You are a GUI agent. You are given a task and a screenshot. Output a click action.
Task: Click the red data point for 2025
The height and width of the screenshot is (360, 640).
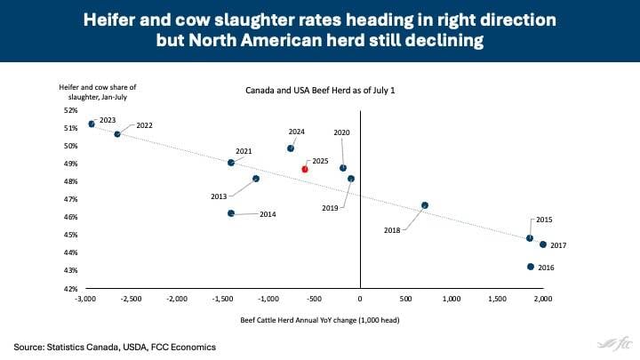(305, 169)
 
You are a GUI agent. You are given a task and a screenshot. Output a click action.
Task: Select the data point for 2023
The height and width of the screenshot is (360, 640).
(92, 124)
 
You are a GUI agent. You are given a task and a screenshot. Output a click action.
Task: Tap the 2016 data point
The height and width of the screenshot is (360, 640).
(531, 267)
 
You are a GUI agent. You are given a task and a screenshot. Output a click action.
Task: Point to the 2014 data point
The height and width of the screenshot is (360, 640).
(231, 213)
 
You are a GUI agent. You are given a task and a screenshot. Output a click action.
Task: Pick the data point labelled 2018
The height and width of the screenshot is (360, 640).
(425, 205)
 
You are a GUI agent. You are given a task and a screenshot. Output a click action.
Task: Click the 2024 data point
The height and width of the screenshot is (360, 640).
(291, 148)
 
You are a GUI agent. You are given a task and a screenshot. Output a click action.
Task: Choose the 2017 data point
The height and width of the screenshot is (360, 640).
(543, 244)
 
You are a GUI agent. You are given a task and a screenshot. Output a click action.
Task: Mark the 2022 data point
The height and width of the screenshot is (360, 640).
(117, 134)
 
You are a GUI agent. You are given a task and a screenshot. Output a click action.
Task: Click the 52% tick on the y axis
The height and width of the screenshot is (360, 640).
(69, 110)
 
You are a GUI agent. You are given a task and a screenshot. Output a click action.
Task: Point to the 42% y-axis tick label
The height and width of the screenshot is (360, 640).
(69, 288)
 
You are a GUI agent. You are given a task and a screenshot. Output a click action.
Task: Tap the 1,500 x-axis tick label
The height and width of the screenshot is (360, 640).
(497, 300)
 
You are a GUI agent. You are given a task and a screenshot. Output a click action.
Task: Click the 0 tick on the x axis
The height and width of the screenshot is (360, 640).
(360, 300)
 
